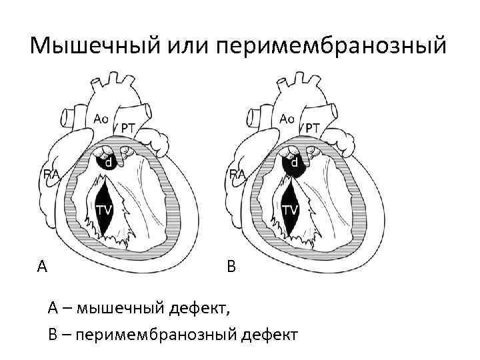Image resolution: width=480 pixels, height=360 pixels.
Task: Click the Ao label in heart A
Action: [x=101, y=118]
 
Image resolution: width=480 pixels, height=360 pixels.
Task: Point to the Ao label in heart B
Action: [x=287, y=118]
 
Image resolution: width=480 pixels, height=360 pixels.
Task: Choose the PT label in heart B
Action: [x=313, y=127]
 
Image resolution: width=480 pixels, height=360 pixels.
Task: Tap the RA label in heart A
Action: [x=51, y=174]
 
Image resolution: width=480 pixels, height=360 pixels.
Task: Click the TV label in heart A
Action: [x=103, y=210]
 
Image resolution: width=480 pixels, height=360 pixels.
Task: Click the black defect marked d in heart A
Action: [x=107, y=162]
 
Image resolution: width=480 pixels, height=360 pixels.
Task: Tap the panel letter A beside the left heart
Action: [x=42, y=267]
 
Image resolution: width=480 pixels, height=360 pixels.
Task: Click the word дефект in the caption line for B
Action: [x=270, y=333]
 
